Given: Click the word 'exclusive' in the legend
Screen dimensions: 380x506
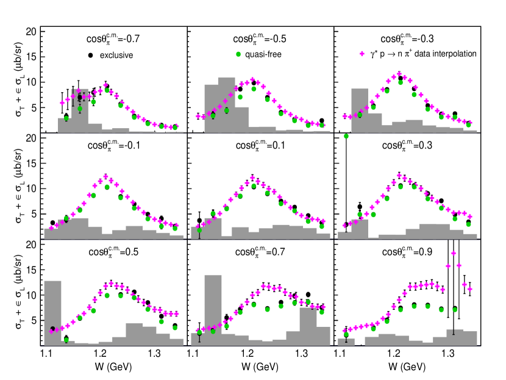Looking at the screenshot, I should pyautogui.click(x=116, y=56).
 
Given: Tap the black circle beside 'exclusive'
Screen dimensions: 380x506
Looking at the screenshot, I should pyautogui.click(x=91, y=56).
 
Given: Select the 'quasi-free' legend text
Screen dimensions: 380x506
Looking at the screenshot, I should pyautogui.click(x=263, y=54).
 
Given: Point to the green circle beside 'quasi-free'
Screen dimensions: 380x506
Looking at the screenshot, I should pyautogui.click(x=238, y=54).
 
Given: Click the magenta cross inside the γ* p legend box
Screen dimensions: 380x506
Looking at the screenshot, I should pyautogui.click(x=362, y=54).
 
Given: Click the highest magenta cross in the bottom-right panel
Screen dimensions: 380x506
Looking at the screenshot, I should pyautogui.click(x=454, y=253).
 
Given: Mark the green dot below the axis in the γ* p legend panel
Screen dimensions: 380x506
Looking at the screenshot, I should pyautogui.click(x=346, y=136).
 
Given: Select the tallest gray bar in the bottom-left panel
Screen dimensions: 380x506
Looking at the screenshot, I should pyautogui.click(x=52, y=312).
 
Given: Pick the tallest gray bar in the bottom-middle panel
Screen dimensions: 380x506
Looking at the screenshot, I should pyautogui.click(x=213, y=309).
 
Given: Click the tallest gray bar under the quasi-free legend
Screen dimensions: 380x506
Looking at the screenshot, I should pyautogui.click(x=227, y=104).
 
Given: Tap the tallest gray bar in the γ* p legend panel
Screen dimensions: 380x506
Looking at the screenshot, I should pyautogui.click(x=360, y=110).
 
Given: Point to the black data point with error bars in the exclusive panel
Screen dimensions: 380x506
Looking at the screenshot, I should pyautogui.click(x=79, y=97).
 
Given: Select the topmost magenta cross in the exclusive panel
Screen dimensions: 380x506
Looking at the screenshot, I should pyautogui.click(x=105, y=85).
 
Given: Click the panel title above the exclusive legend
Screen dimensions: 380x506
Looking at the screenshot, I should pyautogui.click(x=113, y=39).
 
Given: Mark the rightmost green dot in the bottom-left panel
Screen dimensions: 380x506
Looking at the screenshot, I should pyautogui.click(x=175, y=328).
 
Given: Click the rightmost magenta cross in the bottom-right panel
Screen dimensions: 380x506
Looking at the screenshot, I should pyautogui.click(x=470, y=289).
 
